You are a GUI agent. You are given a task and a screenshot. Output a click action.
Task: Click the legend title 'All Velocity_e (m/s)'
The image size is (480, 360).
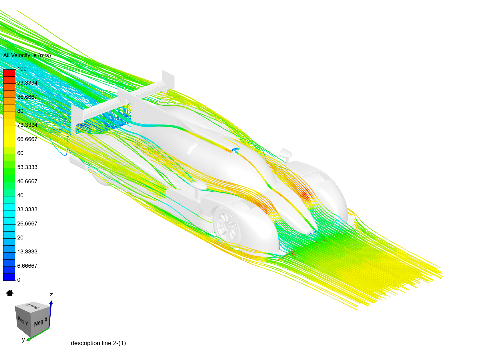pos(27,55)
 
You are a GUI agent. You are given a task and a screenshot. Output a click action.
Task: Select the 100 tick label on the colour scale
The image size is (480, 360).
pos(22,69)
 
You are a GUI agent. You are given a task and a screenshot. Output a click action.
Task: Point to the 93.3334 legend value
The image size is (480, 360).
pos(27,83)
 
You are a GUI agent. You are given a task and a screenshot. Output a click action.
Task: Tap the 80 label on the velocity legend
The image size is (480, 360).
pos(20,111)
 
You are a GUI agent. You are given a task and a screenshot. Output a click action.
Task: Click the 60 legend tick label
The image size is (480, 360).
pos(20,153)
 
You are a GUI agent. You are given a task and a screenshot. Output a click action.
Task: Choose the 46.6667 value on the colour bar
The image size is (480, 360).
pos(27,181)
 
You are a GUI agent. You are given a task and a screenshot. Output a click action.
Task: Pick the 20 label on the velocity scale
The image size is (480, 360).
pos(20,238)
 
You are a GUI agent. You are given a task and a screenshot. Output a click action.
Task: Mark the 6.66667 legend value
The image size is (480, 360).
pos(27,266)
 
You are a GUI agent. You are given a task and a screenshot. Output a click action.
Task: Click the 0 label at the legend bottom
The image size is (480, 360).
pos(19,280)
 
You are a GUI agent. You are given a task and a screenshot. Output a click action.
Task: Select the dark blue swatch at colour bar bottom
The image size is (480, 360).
pos(9,277)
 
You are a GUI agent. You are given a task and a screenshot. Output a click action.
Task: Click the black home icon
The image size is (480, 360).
pos(9,293)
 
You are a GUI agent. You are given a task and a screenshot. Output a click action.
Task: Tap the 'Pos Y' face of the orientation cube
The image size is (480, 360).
pos(23,321)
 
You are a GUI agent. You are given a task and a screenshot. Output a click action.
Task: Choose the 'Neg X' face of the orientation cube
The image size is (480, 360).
pos(41,322)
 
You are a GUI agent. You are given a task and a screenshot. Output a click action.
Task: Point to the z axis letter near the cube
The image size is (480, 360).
pos(51,295)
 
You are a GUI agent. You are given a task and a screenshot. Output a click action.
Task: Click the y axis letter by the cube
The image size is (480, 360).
pos(23,340)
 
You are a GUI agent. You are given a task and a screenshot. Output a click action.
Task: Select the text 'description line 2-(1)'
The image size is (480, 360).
pos(98,343)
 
